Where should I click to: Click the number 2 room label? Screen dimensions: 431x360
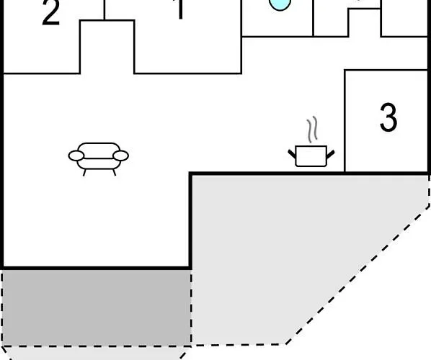point(51,13)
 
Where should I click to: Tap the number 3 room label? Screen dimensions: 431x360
point(388,117)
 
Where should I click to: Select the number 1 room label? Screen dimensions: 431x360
point(179,9)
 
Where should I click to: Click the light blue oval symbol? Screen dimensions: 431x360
point(280,4)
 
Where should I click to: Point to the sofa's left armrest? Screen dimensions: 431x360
point(76,156)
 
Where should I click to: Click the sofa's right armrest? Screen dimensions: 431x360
point(120,156)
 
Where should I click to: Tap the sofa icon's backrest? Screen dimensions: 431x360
point(99,150)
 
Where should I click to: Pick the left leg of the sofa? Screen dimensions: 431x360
point(84,173)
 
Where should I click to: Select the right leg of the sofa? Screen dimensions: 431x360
point(115,173)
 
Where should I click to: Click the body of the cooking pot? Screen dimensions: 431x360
point(311,156)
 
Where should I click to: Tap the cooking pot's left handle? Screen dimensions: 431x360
point(292,154)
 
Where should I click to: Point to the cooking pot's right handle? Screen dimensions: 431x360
point(330,154)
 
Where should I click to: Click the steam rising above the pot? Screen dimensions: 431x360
point(312,130)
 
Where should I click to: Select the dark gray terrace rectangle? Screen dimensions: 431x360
point(97,307)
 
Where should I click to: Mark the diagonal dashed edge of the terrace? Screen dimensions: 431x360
point(357,274)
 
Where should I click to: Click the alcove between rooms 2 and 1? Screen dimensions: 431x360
point(107,47)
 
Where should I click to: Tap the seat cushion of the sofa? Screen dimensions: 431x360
point(99,163)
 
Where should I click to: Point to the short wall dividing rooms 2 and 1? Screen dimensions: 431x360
point(105,10)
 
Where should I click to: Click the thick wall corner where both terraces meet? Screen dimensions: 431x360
point(190,268)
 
